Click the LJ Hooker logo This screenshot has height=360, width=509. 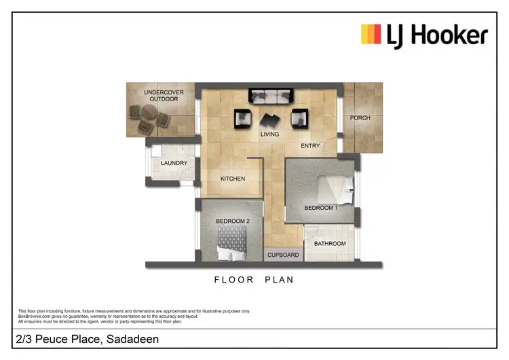tap(423, 34)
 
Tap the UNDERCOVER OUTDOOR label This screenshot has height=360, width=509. tap(161, 95)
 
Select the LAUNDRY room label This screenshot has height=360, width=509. tap(174, 164)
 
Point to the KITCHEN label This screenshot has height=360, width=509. tap(232, 179)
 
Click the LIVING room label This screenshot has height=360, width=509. tap(269, 134)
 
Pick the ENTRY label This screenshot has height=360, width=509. tap(310, 145)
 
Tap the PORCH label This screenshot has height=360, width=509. tap(360, 118)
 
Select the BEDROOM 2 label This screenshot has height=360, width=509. tap(233, 221)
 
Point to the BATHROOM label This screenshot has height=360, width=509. tap(329, 244)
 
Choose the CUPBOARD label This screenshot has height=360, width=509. tap(283, 255)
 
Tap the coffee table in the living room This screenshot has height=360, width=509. tap(270, 120)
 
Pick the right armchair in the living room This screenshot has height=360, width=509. tap(299, 119)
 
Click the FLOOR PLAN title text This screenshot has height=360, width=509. tap(253, 279)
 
